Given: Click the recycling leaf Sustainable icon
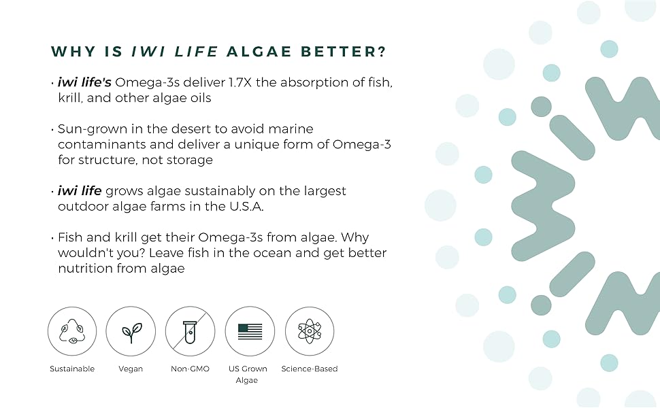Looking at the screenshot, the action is tap(72, 331).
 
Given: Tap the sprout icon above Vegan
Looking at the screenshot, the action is tap(131, 331).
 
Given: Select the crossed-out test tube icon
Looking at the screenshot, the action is tap(191, 331).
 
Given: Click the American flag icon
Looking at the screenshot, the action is tap(250, 331).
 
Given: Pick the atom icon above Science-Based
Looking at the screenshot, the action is tap(310, 331).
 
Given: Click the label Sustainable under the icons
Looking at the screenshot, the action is tap(72, 369).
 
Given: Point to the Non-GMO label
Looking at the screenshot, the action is tap(191, 369).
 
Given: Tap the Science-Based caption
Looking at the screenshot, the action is tap(310, 369).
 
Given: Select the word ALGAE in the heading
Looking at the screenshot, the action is tap(259, 52).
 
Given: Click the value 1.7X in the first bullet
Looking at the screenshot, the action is tap(240, 82).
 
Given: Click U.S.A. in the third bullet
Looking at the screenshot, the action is tap(246, 207).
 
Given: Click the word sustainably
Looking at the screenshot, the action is tap(220, 192).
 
